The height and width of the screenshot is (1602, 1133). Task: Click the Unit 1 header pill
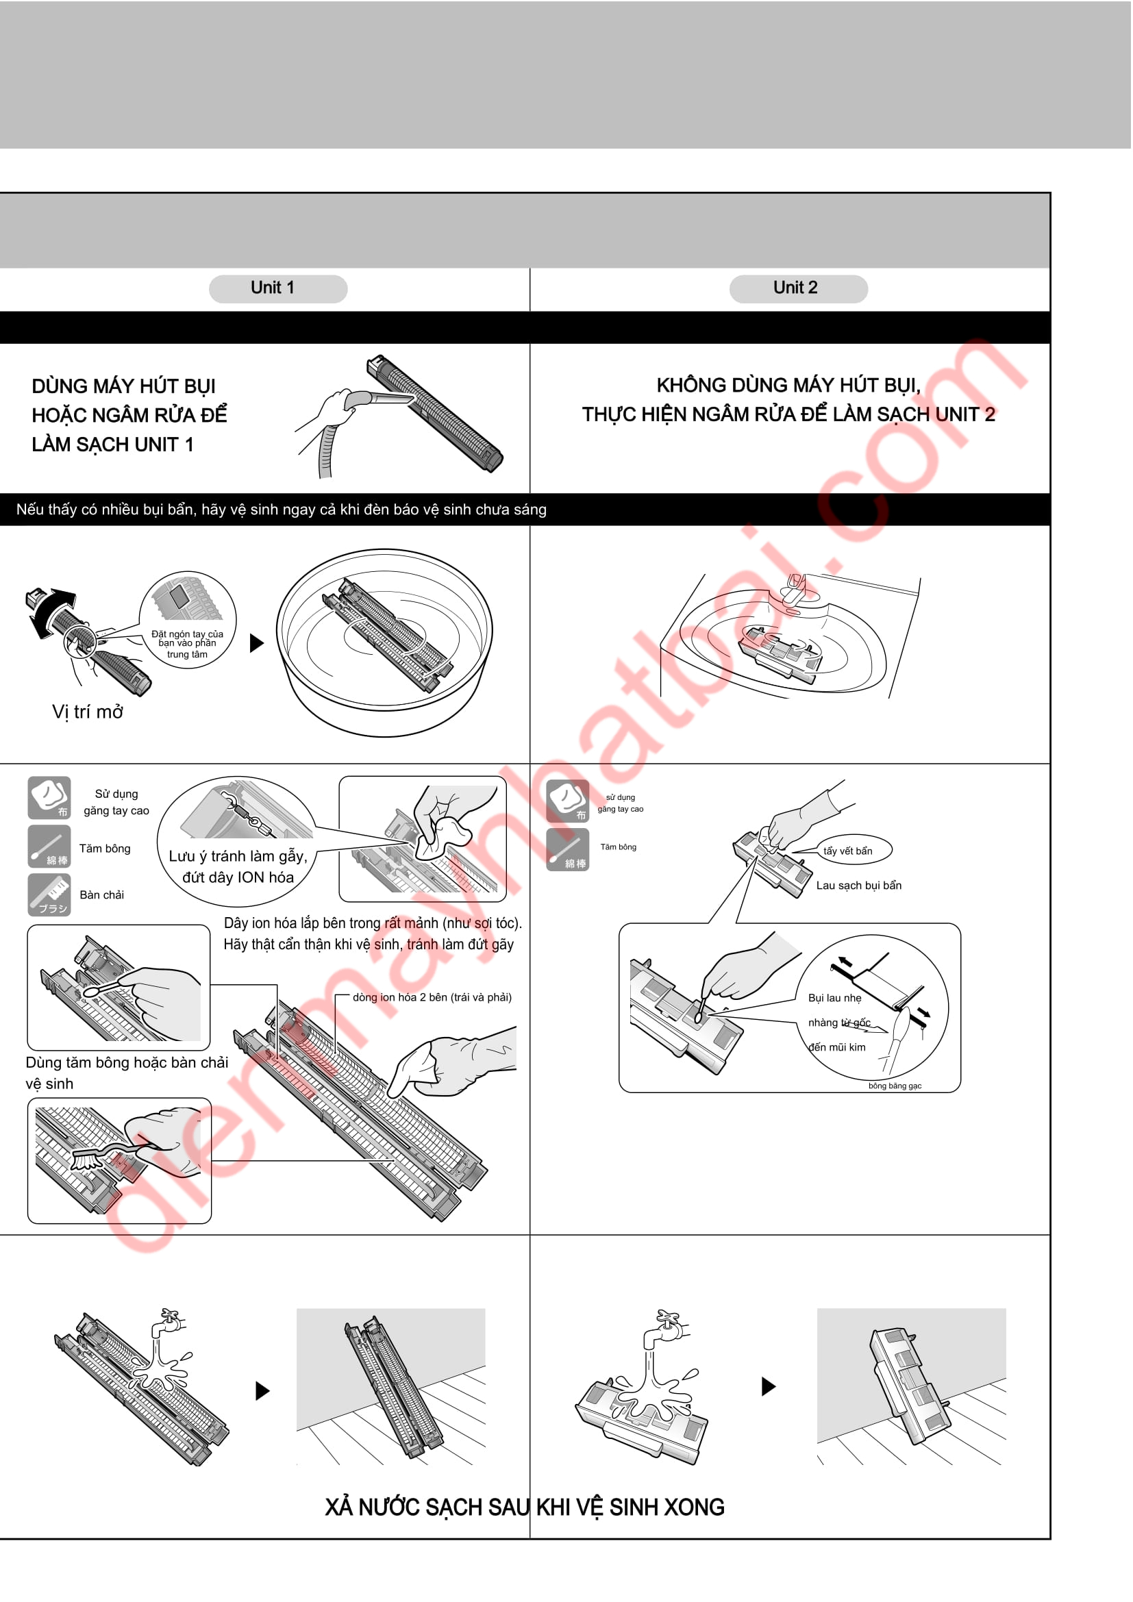pyautogui.click(x=278, y=289)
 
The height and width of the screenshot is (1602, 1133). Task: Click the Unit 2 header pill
pyautogui.click(x=799, y=289)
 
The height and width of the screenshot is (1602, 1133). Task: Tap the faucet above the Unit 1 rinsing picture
pyautogui.click(x=169, y=1322)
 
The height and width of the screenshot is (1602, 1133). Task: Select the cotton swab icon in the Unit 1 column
pyautogui.click(x=49, y=847)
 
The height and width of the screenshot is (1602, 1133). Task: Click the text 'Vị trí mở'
pyautogui.click(x=88, y=712)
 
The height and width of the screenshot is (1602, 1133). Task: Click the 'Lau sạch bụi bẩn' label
pyautogui.click(x=859, y=886)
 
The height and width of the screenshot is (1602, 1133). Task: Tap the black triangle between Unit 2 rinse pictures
pyautogui.click(x=769, y=1386)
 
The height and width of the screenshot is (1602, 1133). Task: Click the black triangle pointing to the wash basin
pyautogui.click(x=257, y=642)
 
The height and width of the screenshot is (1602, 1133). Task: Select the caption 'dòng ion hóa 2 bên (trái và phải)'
pyautogui.click(x=432, y=997)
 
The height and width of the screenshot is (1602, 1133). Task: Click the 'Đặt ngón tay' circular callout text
pyautogui.click(x=187, y=644)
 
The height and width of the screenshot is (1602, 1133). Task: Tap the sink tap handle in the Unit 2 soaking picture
pyautogui.click(x=794, y=590)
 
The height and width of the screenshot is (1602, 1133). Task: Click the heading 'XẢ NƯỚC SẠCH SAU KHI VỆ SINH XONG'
pyautogui.click(x=525, y=1507)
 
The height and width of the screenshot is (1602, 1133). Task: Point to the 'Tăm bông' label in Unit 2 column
pyautogui.click(x=619, y=847)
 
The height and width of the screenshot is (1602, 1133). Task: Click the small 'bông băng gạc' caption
pyautogui.click(x=895, y=1086)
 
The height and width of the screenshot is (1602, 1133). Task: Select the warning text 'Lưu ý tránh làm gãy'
pyautogui.click(x=238, y=856)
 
